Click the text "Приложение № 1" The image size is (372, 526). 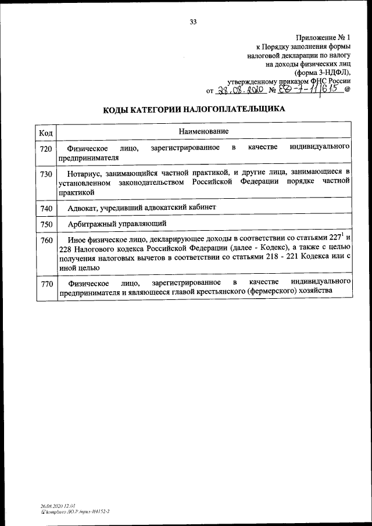[x=322, y=36]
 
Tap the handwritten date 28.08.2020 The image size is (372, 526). [x=241, y=90]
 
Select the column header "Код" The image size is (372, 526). [x=46, y=133]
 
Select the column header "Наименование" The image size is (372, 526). [x=203, y=132]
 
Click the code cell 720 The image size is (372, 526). [x=46, y=149]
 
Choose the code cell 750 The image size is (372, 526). [x=46, y=224]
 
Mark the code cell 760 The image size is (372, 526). [x=46, y=241]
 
